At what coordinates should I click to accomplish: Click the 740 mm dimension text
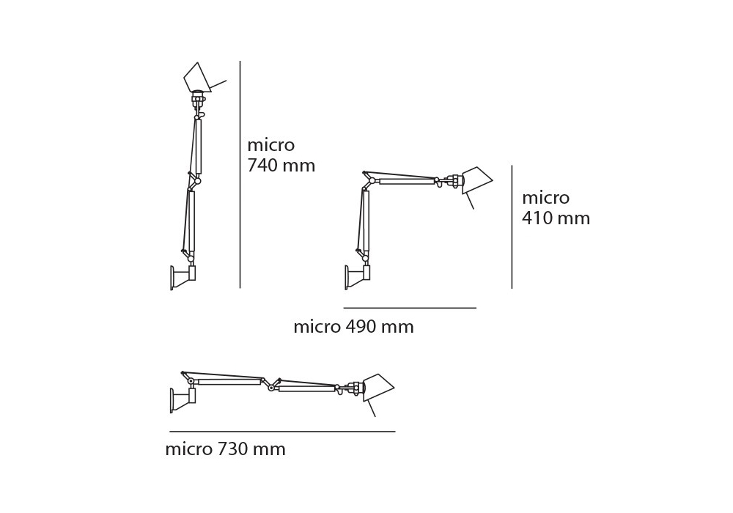(x=281, y=166)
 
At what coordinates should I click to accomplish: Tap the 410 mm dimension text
(x=556, y=218)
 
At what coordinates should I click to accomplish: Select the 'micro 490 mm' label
(x=353, y=327)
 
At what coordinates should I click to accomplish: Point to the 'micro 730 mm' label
(x=225, y=449)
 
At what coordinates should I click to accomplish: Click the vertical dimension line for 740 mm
(x=240, y=174)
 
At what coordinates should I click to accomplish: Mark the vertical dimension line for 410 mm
(x=512, y=226)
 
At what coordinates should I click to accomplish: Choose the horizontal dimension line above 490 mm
(x=410, y=308)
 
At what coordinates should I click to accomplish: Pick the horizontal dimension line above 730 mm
(x=282, y=431)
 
